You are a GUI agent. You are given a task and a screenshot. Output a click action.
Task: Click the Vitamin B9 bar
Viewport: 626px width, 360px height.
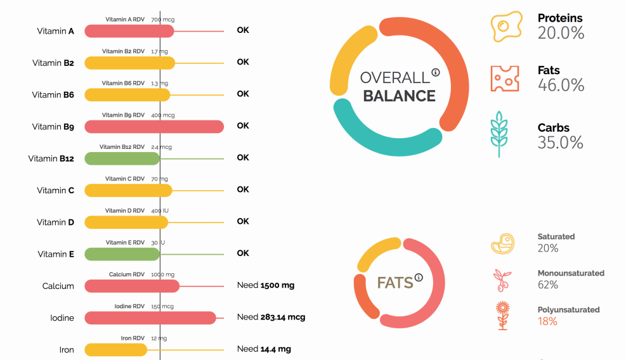154,127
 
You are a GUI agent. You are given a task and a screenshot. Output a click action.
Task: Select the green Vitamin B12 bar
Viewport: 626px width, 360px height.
122,158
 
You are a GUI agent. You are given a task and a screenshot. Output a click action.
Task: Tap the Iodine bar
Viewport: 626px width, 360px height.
150,318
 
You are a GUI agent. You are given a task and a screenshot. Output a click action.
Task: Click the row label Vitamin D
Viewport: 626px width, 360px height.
55,222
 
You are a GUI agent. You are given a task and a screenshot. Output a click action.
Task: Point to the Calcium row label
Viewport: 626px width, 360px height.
58,286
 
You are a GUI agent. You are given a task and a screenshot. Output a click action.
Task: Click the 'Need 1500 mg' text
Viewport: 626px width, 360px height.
266,285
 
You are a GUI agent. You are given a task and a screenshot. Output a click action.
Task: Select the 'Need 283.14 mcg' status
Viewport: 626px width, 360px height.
271,317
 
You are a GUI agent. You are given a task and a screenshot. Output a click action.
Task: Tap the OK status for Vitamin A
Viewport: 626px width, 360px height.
243,30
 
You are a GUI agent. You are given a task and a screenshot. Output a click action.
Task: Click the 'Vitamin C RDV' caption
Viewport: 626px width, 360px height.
124,179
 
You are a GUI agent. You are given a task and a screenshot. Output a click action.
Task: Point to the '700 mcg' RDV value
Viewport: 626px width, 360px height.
163,20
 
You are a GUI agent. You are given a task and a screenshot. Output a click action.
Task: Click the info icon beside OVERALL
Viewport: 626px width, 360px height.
436,72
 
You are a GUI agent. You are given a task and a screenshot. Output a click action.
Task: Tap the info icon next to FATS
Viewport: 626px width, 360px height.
419,277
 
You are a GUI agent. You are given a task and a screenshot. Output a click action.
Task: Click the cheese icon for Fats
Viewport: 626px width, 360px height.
505,78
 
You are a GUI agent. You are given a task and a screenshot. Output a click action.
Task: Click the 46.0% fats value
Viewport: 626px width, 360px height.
561,85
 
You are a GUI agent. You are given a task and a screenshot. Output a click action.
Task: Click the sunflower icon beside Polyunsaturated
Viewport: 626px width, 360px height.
502,316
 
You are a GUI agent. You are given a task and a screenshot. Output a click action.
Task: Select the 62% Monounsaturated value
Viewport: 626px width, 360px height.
548,285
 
